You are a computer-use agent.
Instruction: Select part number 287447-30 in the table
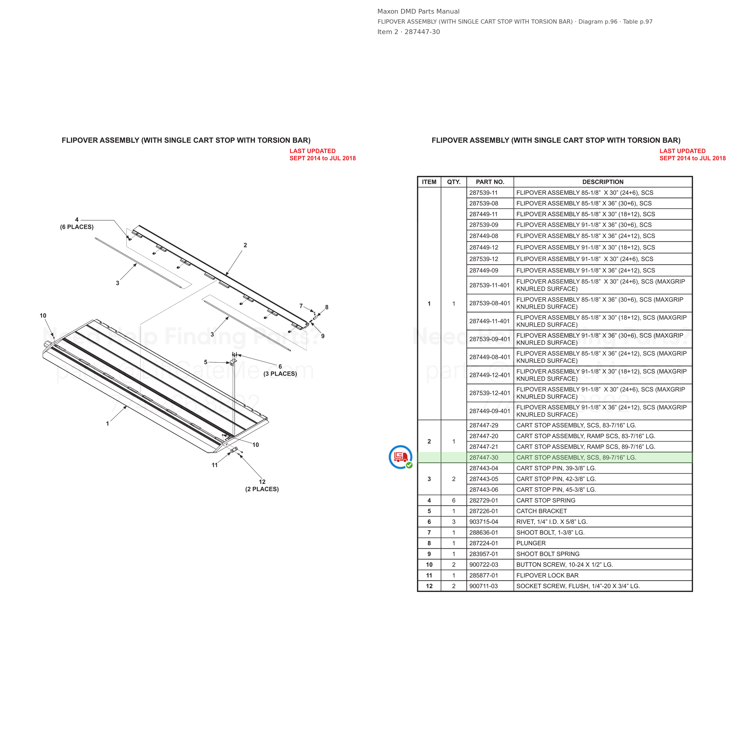484,457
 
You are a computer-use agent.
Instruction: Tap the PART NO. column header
490,182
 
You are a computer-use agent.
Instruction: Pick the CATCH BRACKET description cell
542,511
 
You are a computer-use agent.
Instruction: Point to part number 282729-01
484,500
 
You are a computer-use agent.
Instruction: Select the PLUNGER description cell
531,543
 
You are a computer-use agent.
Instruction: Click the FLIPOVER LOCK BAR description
547,575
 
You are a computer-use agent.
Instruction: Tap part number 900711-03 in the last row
484,586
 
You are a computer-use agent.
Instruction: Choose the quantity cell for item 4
454,500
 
